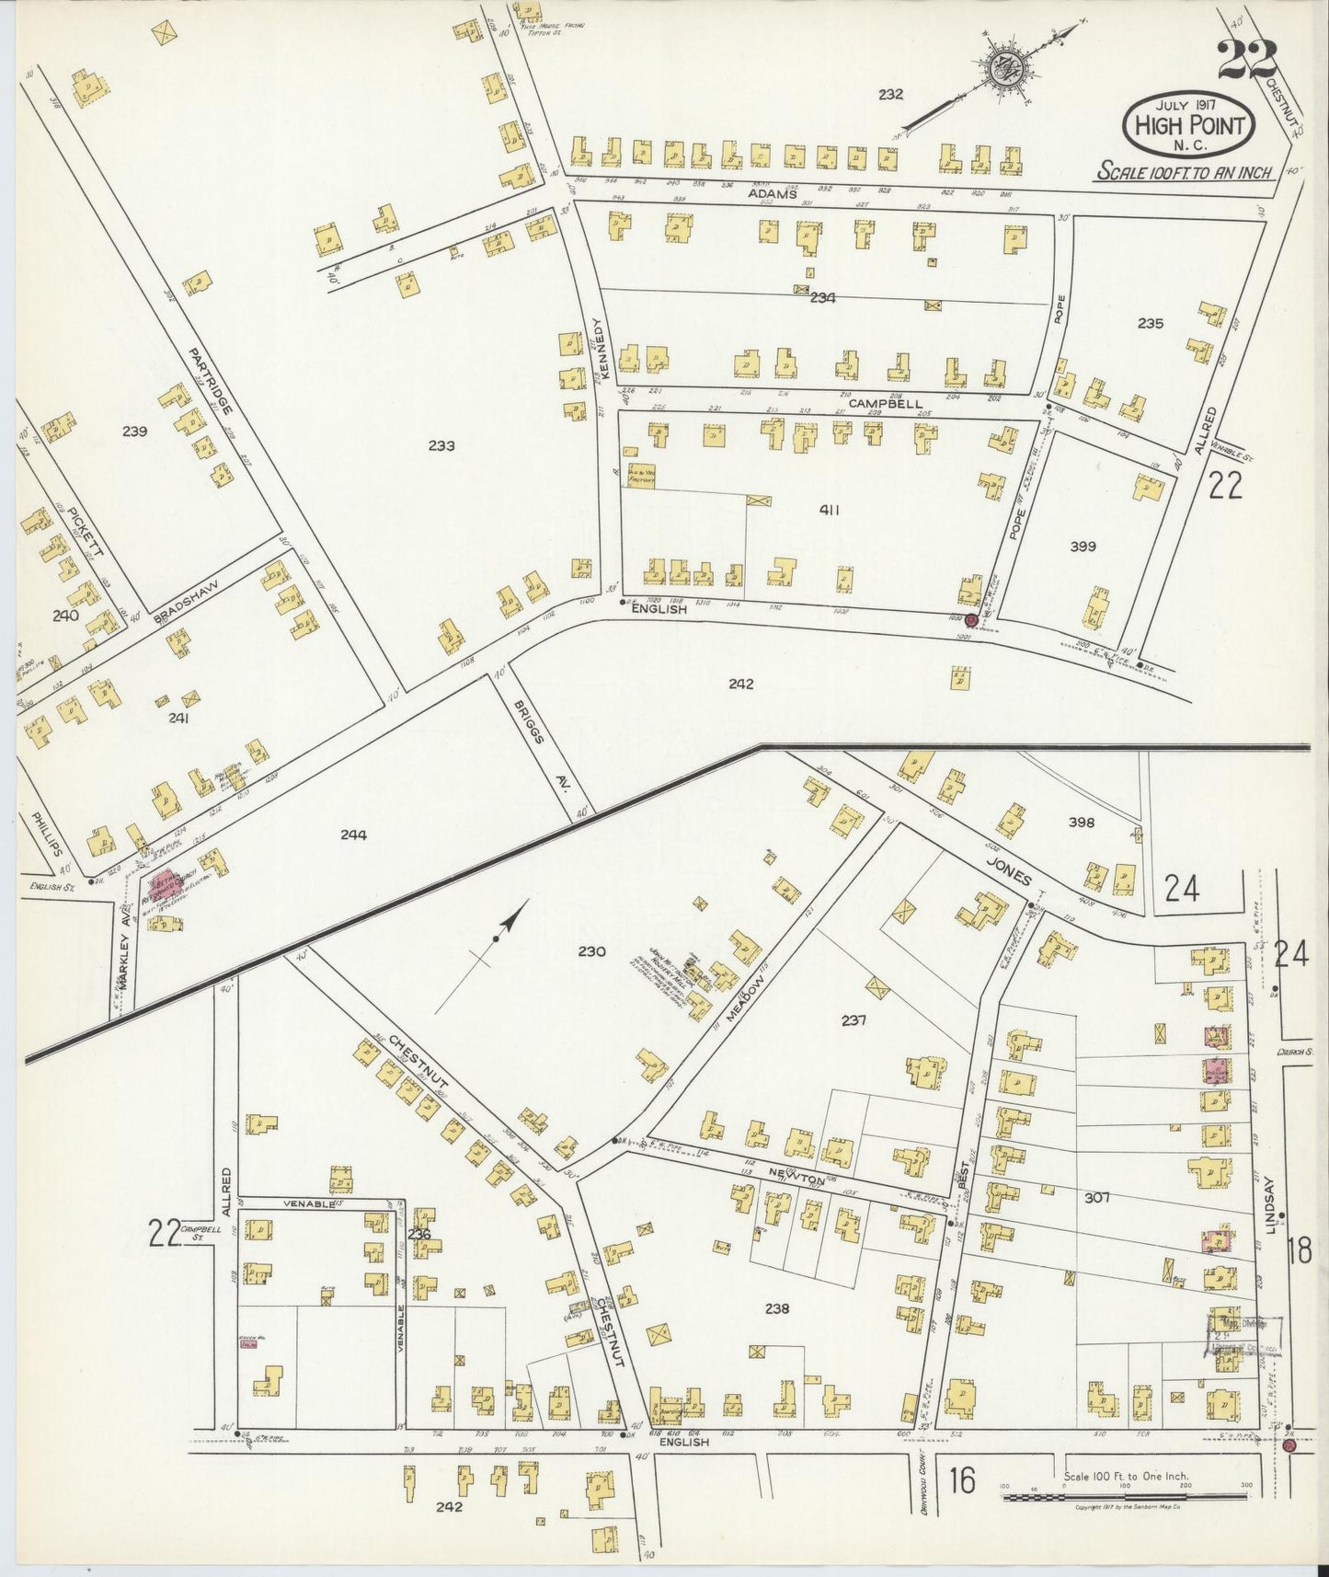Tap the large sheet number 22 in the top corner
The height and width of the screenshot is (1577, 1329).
click(1247, 61)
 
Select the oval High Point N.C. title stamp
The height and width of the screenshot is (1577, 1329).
click(1189, 125)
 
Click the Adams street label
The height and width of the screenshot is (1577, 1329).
click(770, 194)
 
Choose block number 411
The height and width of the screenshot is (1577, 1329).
click(830, 510)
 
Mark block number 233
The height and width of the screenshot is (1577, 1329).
click(441, 445)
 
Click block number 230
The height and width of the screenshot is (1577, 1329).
click(592, 951)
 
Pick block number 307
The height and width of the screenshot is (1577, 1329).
click(1097, 1197)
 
